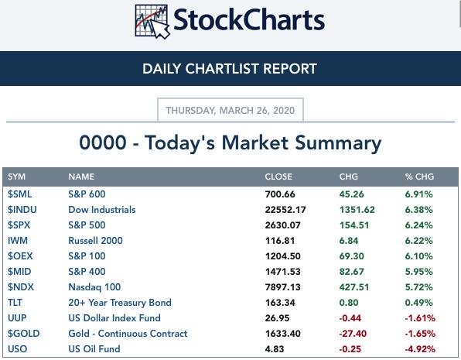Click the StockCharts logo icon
click(152, 21)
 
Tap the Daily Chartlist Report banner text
click(230, 69)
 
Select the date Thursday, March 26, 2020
click(230, 111)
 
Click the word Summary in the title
click(338, 143)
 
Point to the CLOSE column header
click(278, 177)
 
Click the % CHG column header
click(419, 177)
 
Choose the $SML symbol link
click(19, 194)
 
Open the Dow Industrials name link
click(102, 210)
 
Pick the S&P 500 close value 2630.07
click(283, 225)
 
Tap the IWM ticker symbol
click(18, 241)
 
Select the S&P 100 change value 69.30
click(352, 256)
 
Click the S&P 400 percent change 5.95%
click(419, 272)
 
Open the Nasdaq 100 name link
click(94, 287)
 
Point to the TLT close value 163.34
click(280, 303)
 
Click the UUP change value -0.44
click(350, 318)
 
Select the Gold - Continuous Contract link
click(128, 334)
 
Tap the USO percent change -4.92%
click(420, 349)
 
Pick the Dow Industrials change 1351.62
click(357, 210)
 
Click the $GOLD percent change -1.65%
click(420, 334)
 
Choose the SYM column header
click(16, 177)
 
